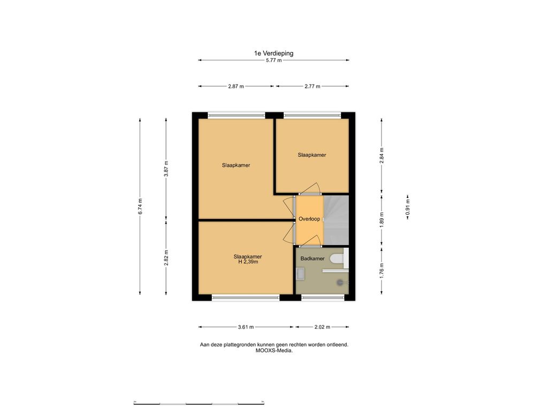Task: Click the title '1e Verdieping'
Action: click(273, 54)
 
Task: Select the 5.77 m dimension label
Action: click(273, 60)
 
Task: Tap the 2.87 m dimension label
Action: click(236, 86)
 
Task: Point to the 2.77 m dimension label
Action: click(312, 86)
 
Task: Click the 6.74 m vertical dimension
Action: click(140, 206)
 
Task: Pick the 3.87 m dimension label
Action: click(166, 169)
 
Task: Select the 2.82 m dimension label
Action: click(166, 257)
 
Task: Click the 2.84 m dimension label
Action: click(382, 156)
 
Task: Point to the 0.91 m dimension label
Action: click(407, 207)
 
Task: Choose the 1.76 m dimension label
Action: click(382, 270)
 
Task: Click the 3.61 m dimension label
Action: click(246, 327)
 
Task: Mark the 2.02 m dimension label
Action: click(322, 327)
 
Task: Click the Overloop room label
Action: click(309, 219)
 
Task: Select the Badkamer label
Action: click(313, 258)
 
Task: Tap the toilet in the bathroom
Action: click(338, 258)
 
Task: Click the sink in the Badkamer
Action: click(300, 273)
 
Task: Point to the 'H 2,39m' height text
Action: click(248, 262)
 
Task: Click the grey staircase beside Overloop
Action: click(336, 220)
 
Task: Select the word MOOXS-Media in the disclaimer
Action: click(274, 351)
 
